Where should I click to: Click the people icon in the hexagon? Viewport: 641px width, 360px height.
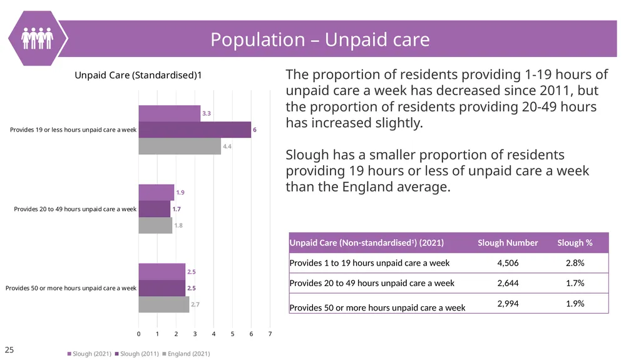pos(37,38)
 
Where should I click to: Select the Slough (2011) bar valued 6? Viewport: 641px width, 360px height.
pos(195,130)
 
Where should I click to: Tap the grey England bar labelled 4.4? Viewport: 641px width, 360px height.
pos(180,146)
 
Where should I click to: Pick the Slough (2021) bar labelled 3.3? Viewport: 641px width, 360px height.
pos(169,113)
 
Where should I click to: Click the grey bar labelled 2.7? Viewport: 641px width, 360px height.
pos(163,304)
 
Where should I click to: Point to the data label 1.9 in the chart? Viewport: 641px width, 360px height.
pos(180,192)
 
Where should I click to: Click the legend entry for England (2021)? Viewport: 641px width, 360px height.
pos(187,354)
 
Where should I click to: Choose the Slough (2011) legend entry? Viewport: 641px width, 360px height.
pos(137,354)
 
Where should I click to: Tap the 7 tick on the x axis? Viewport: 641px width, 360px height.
pos(270,334)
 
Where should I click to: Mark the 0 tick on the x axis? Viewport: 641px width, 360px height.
pos(138,334)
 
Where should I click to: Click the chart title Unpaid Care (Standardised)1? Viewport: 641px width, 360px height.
pos(138,75)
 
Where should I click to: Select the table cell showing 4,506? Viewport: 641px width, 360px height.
pos(508,263)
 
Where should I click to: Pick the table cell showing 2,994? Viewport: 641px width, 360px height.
pos(508,304)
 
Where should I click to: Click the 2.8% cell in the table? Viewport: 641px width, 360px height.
pos(575,263)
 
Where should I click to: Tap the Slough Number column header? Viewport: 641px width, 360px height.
pos(508,242)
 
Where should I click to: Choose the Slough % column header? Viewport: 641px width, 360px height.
pos(575,242)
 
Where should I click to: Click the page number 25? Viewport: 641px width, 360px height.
pos(9,350)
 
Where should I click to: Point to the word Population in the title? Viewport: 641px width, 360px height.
pos(257,39)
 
